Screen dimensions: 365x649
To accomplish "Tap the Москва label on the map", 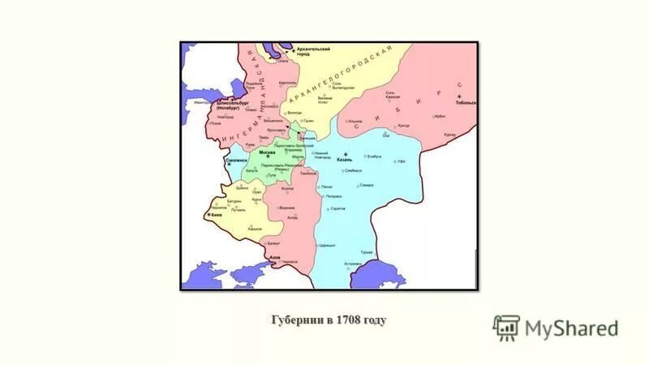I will [267, 152].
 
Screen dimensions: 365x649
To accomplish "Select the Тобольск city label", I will [466, 104].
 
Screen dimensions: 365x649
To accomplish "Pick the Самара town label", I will [367, 186].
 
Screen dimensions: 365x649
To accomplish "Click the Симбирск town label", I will [351, 172].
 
